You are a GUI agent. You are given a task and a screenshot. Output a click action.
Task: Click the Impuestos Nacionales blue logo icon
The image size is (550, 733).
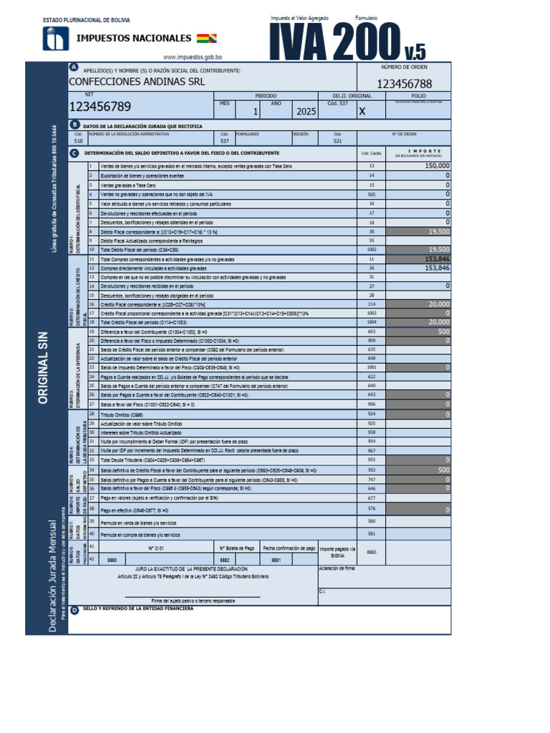(x=55, y=39)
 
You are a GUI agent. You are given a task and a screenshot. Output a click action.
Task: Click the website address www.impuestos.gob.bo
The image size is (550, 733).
(x=193, y=57)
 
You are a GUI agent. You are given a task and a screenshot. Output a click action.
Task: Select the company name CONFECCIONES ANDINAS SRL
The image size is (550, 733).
(x=137, y=82)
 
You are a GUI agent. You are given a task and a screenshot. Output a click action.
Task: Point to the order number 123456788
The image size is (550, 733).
(x=404, y=84)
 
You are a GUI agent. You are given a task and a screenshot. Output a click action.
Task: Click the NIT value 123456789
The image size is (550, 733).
(x=100, y=107)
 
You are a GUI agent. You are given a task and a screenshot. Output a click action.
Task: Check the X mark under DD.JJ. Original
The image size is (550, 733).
(x=362, y=112)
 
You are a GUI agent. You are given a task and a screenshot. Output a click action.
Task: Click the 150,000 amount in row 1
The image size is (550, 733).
(x=437, y=165)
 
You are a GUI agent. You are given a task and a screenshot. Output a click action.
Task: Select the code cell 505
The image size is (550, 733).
(x=372, y=194)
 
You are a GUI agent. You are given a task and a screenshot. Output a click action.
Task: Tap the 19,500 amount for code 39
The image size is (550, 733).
(x=438, y=232)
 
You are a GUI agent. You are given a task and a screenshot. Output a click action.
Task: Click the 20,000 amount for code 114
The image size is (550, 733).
(x=438, y=304)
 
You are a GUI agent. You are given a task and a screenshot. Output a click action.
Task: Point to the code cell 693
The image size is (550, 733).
(x=372, y=332)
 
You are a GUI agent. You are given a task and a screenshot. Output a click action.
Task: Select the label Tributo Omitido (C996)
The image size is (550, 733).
(x=122, y=414)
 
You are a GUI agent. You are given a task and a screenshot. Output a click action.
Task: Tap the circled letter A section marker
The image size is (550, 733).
(x=74, y=67)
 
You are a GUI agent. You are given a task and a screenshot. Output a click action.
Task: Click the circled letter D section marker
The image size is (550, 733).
(x=74, y=609)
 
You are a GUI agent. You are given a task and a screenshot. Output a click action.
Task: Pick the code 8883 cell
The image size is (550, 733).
(x=371, y=552)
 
